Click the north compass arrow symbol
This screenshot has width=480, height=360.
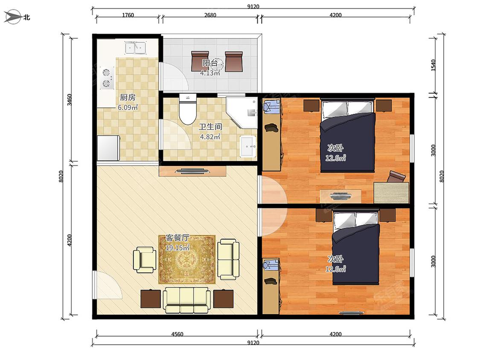(13, 17)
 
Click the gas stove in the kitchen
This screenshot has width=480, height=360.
(107, 78)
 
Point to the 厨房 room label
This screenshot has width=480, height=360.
(127, 97)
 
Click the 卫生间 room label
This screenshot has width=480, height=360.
(210, 127)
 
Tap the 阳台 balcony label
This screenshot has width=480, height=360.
(210, 63)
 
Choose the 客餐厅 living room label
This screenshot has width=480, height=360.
(177, 238)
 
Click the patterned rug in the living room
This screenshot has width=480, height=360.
(187, 259)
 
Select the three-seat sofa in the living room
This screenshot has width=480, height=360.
(187, 300)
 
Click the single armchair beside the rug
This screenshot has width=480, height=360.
(144, 260)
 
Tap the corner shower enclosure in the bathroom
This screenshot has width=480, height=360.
(241, 112)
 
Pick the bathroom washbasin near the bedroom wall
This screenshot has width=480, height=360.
(247, 146)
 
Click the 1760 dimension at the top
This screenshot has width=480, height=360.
(128, 15)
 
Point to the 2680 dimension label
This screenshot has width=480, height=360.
(210, 15)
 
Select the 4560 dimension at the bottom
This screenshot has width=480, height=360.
(177, 334)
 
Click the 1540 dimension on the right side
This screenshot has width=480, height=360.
(433, 65)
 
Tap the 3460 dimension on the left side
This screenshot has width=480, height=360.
(70, 100)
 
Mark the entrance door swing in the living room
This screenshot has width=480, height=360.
(109, 285)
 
